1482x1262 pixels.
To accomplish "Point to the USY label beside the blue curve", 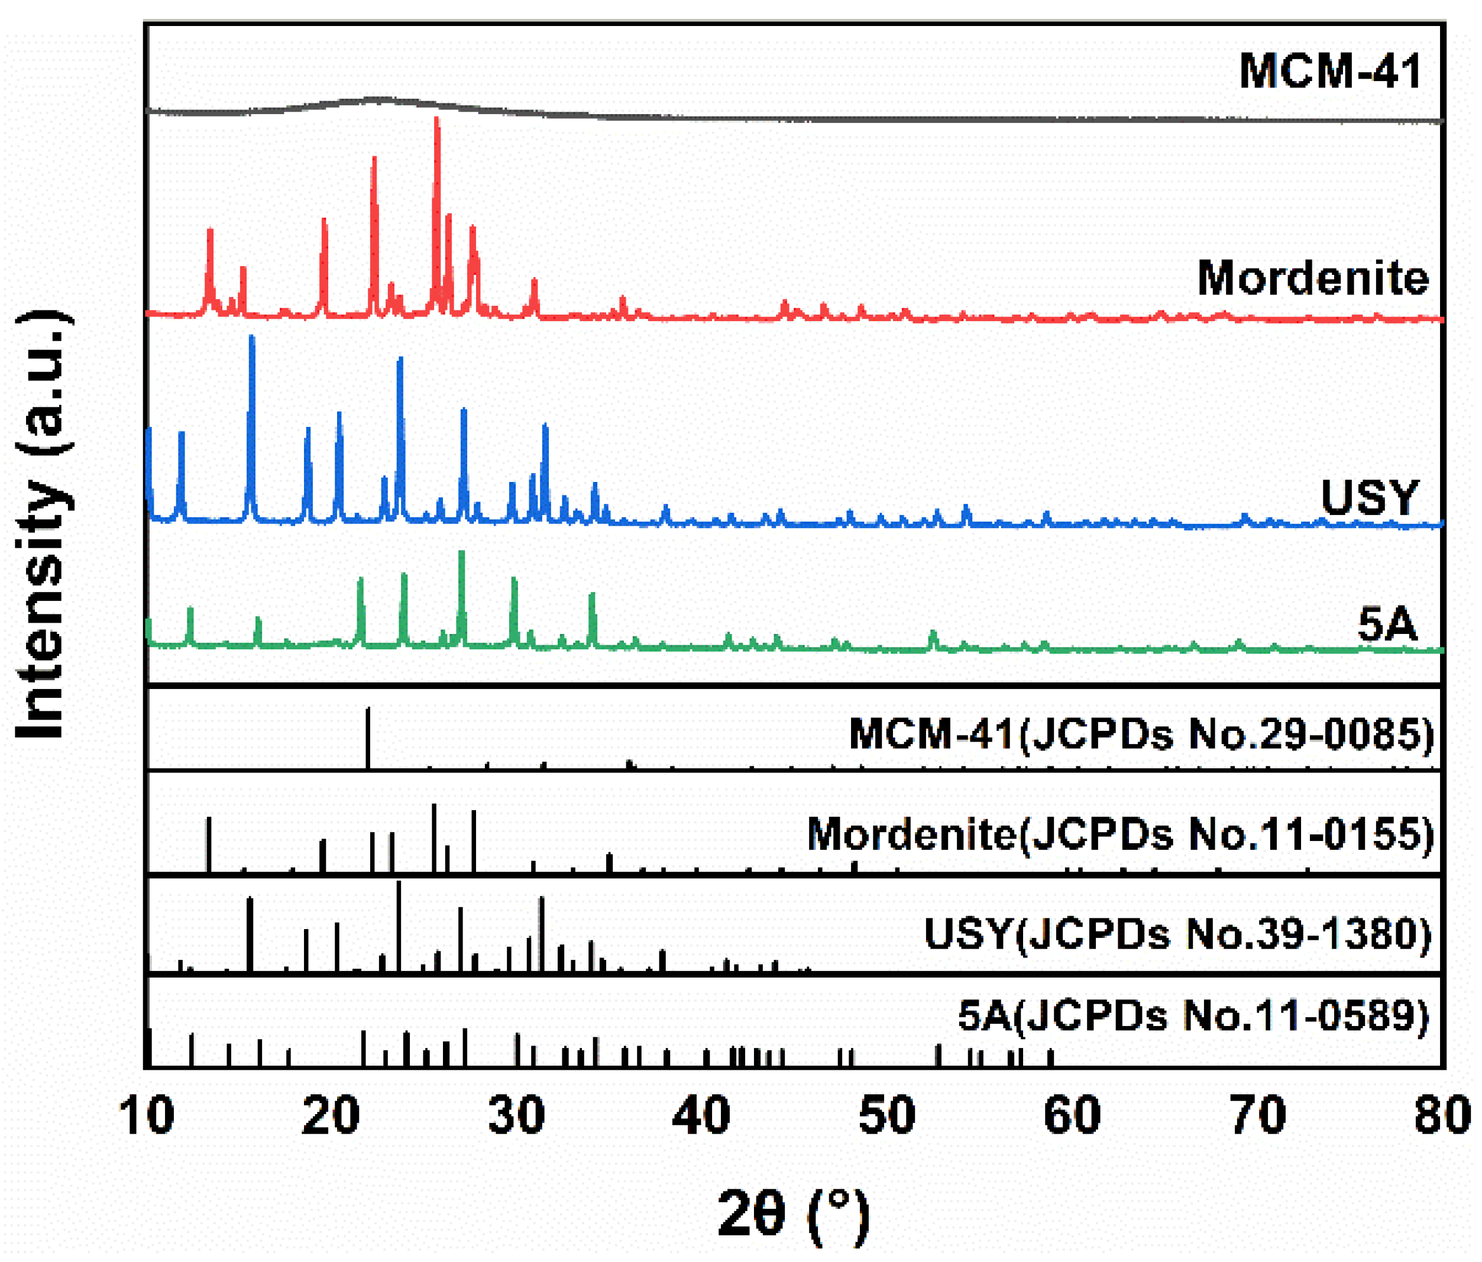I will [1369, 497].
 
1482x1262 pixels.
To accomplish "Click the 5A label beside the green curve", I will [1386, 624].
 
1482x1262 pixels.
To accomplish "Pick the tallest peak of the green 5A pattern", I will [461, 554].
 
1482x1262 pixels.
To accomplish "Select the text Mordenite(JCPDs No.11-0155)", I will [1120, 834].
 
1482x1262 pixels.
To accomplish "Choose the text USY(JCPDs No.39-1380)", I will [1177, 934].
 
